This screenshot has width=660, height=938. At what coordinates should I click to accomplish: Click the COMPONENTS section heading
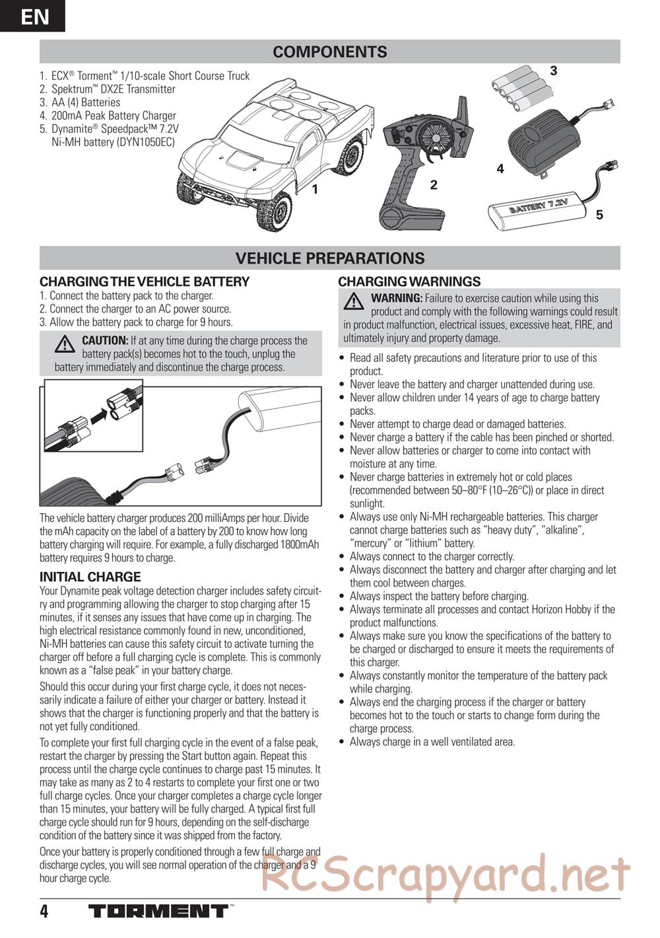(330, 52)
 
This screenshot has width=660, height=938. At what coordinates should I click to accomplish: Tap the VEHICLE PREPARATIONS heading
(330, 258)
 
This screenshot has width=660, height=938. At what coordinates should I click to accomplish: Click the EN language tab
(33, 16)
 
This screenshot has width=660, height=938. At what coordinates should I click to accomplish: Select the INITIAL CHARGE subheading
(90, 577)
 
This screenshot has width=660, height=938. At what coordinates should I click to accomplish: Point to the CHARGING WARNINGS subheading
(409, 281)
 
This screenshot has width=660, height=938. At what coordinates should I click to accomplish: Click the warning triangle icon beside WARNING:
(354, 302)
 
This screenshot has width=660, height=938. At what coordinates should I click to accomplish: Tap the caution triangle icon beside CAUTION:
(65, 344)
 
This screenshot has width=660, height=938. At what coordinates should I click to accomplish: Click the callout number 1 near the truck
(315, 189)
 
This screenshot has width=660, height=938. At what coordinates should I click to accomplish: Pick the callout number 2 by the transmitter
(434, 185)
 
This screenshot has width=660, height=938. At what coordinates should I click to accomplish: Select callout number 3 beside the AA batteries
(554, 71)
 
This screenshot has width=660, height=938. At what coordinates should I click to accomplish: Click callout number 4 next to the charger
(500, 169)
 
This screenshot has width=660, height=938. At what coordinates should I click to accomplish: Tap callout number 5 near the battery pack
(599, 215)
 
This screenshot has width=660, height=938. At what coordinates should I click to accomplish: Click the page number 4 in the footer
(44, 912)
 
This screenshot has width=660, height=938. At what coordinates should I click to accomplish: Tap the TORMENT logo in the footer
(158, 912)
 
